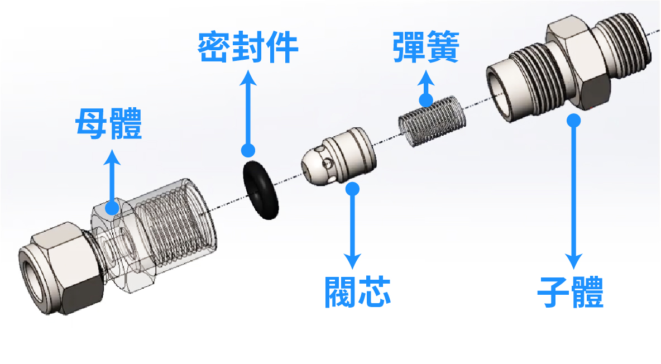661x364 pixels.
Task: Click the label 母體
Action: [x=109, y=124]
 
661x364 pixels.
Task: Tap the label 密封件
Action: [x=248, y=48]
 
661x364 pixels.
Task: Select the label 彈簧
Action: [x=425, y=47]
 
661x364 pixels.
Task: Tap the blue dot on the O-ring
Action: [x=248, y=150]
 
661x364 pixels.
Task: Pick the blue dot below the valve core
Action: [x=352, y=188]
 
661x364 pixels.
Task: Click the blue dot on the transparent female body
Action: [x=113, y=208]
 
